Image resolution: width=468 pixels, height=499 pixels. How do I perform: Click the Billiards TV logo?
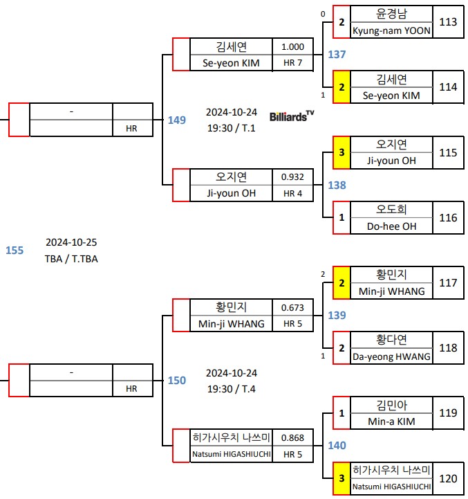(291, 116)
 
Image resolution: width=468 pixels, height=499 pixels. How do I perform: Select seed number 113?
(448, 22)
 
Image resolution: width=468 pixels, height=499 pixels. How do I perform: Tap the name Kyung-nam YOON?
(391, 30)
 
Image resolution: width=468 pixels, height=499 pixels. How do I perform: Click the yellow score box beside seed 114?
(341, 87)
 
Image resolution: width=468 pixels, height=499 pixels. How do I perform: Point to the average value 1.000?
(292, 46)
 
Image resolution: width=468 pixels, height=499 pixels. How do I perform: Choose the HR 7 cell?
(292, 63)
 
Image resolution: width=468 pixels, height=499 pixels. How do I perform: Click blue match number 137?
(337, 54)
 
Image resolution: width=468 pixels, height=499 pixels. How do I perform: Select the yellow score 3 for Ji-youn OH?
(341, 152)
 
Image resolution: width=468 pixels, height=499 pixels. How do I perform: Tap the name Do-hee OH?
(391, 226)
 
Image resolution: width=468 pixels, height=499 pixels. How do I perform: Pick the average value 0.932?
(292, 176)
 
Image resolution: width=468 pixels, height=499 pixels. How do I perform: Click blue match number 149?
(176, 120)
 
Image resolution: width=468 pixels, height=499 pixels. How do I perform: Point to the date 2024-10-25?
(71, 242)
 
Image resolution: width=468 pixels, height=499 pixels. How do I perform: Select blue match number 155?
(15, 251)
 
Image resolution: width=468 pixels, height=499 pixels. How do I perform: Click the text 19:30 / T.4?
(231, 388)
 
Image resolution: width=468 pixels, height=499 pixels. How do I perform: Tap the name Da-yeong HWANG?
(391, 356)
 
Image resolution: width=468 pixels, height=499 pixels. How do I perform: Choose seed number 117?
(448, 283)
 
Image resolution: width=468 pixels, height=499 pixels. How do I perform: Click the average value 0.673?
(292, 307)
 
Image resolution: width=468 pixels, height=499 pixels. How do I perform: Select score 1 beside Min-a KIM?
(341, 413)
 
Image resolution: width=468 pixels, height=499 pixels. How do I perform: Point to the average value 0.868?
(292, 437)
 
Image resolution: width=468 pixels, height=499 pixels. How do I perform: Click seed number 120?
(448, 478)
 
